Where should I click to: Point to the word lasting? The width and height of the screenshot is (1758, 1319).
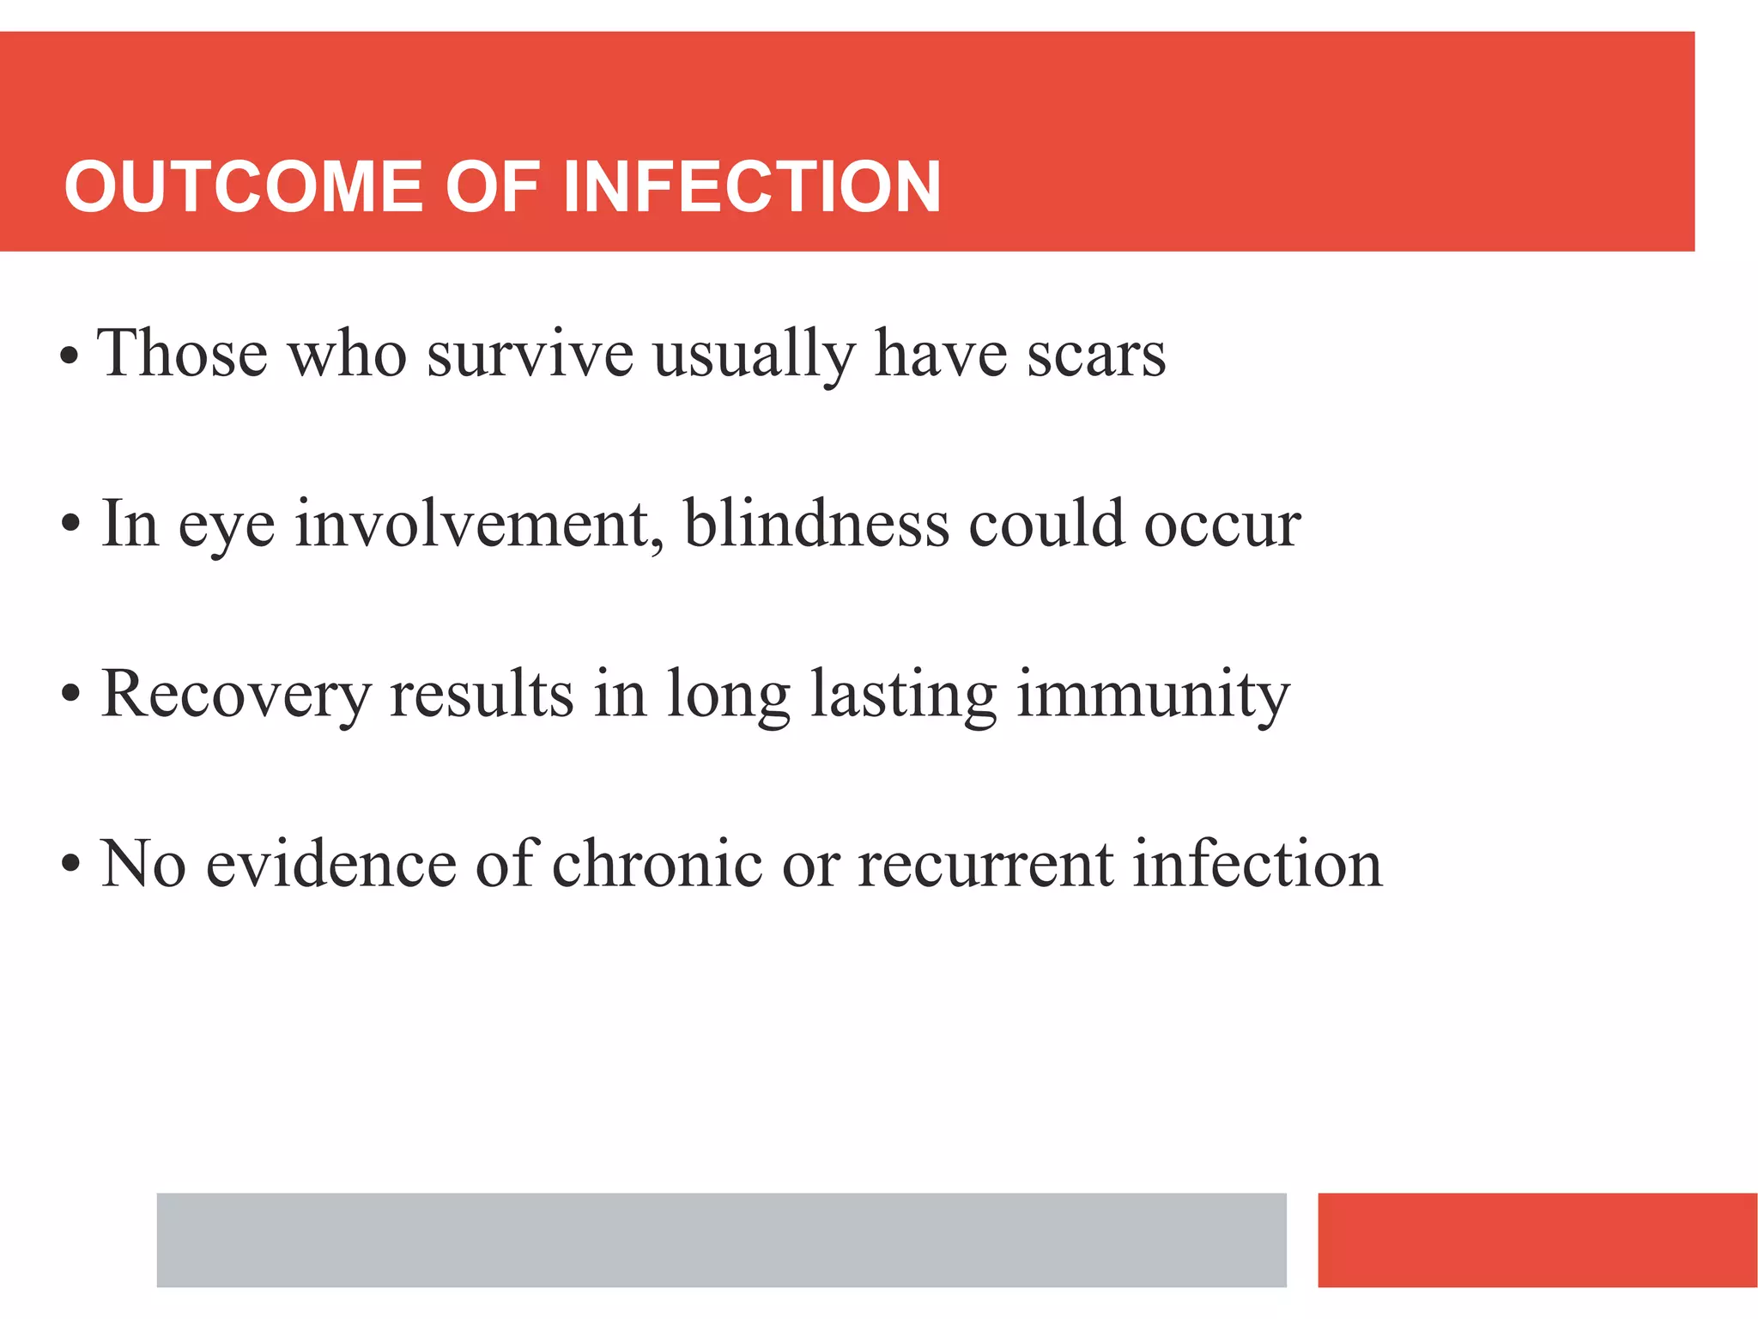(x=903, y=694)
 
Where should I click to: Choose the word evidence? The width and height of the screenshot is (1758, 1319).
(x=330, y=863)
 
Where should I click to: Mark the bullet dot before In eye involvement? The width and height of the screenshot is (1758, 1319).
(x=70, y=523)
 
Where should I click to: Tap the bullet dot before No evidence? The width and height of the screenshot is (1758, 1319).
(x=70, y=864)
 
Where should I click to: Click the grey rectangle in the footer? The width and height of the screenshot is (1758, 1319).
(x=721, y=1239)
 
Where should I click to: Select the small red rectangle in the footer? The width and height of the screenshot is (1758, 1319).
(x=1537, y=1239)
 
